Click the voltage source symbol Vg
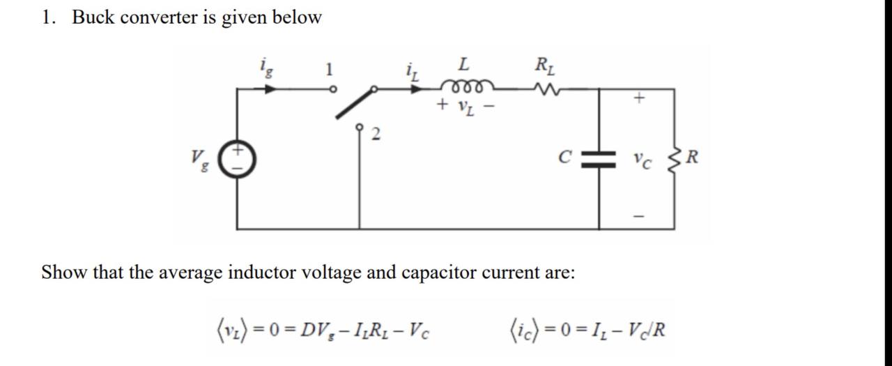238,158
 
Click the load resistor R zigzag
673,159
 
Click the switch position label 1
330,69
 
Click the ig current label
266,67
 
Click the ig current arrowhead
271,89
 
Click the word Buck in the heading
93,17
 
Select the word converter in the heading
159,17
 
